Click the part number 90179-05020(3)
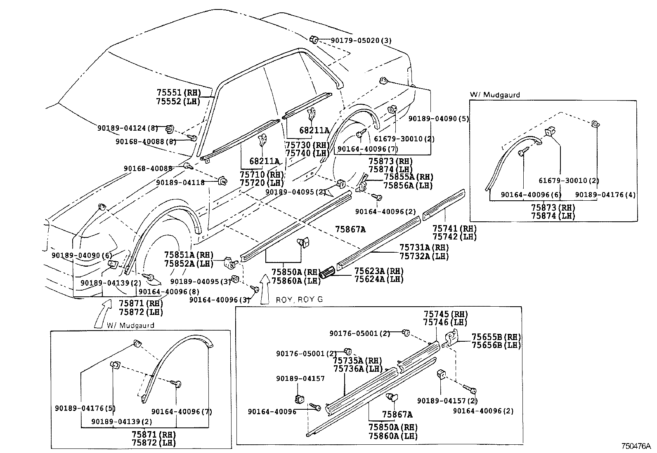[361, 40]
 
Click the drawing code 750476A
[636, 446]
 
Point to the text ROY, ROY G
[299, 300]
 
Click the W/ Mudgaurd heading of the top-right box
[495, 95]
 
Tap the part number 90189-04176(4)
[605, 195]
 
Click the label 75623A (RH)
[378, 271]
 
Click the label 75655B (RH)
[496, 337]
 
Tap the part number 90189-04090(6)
[81, 256]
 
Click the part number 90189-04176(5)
[85, 408]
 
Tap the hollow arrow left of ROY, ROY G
[265, 289]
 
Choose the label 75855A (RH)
[408, 177]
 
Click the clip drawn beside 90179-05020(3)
[314, 40]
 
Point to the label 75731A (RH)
[424, 247]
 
